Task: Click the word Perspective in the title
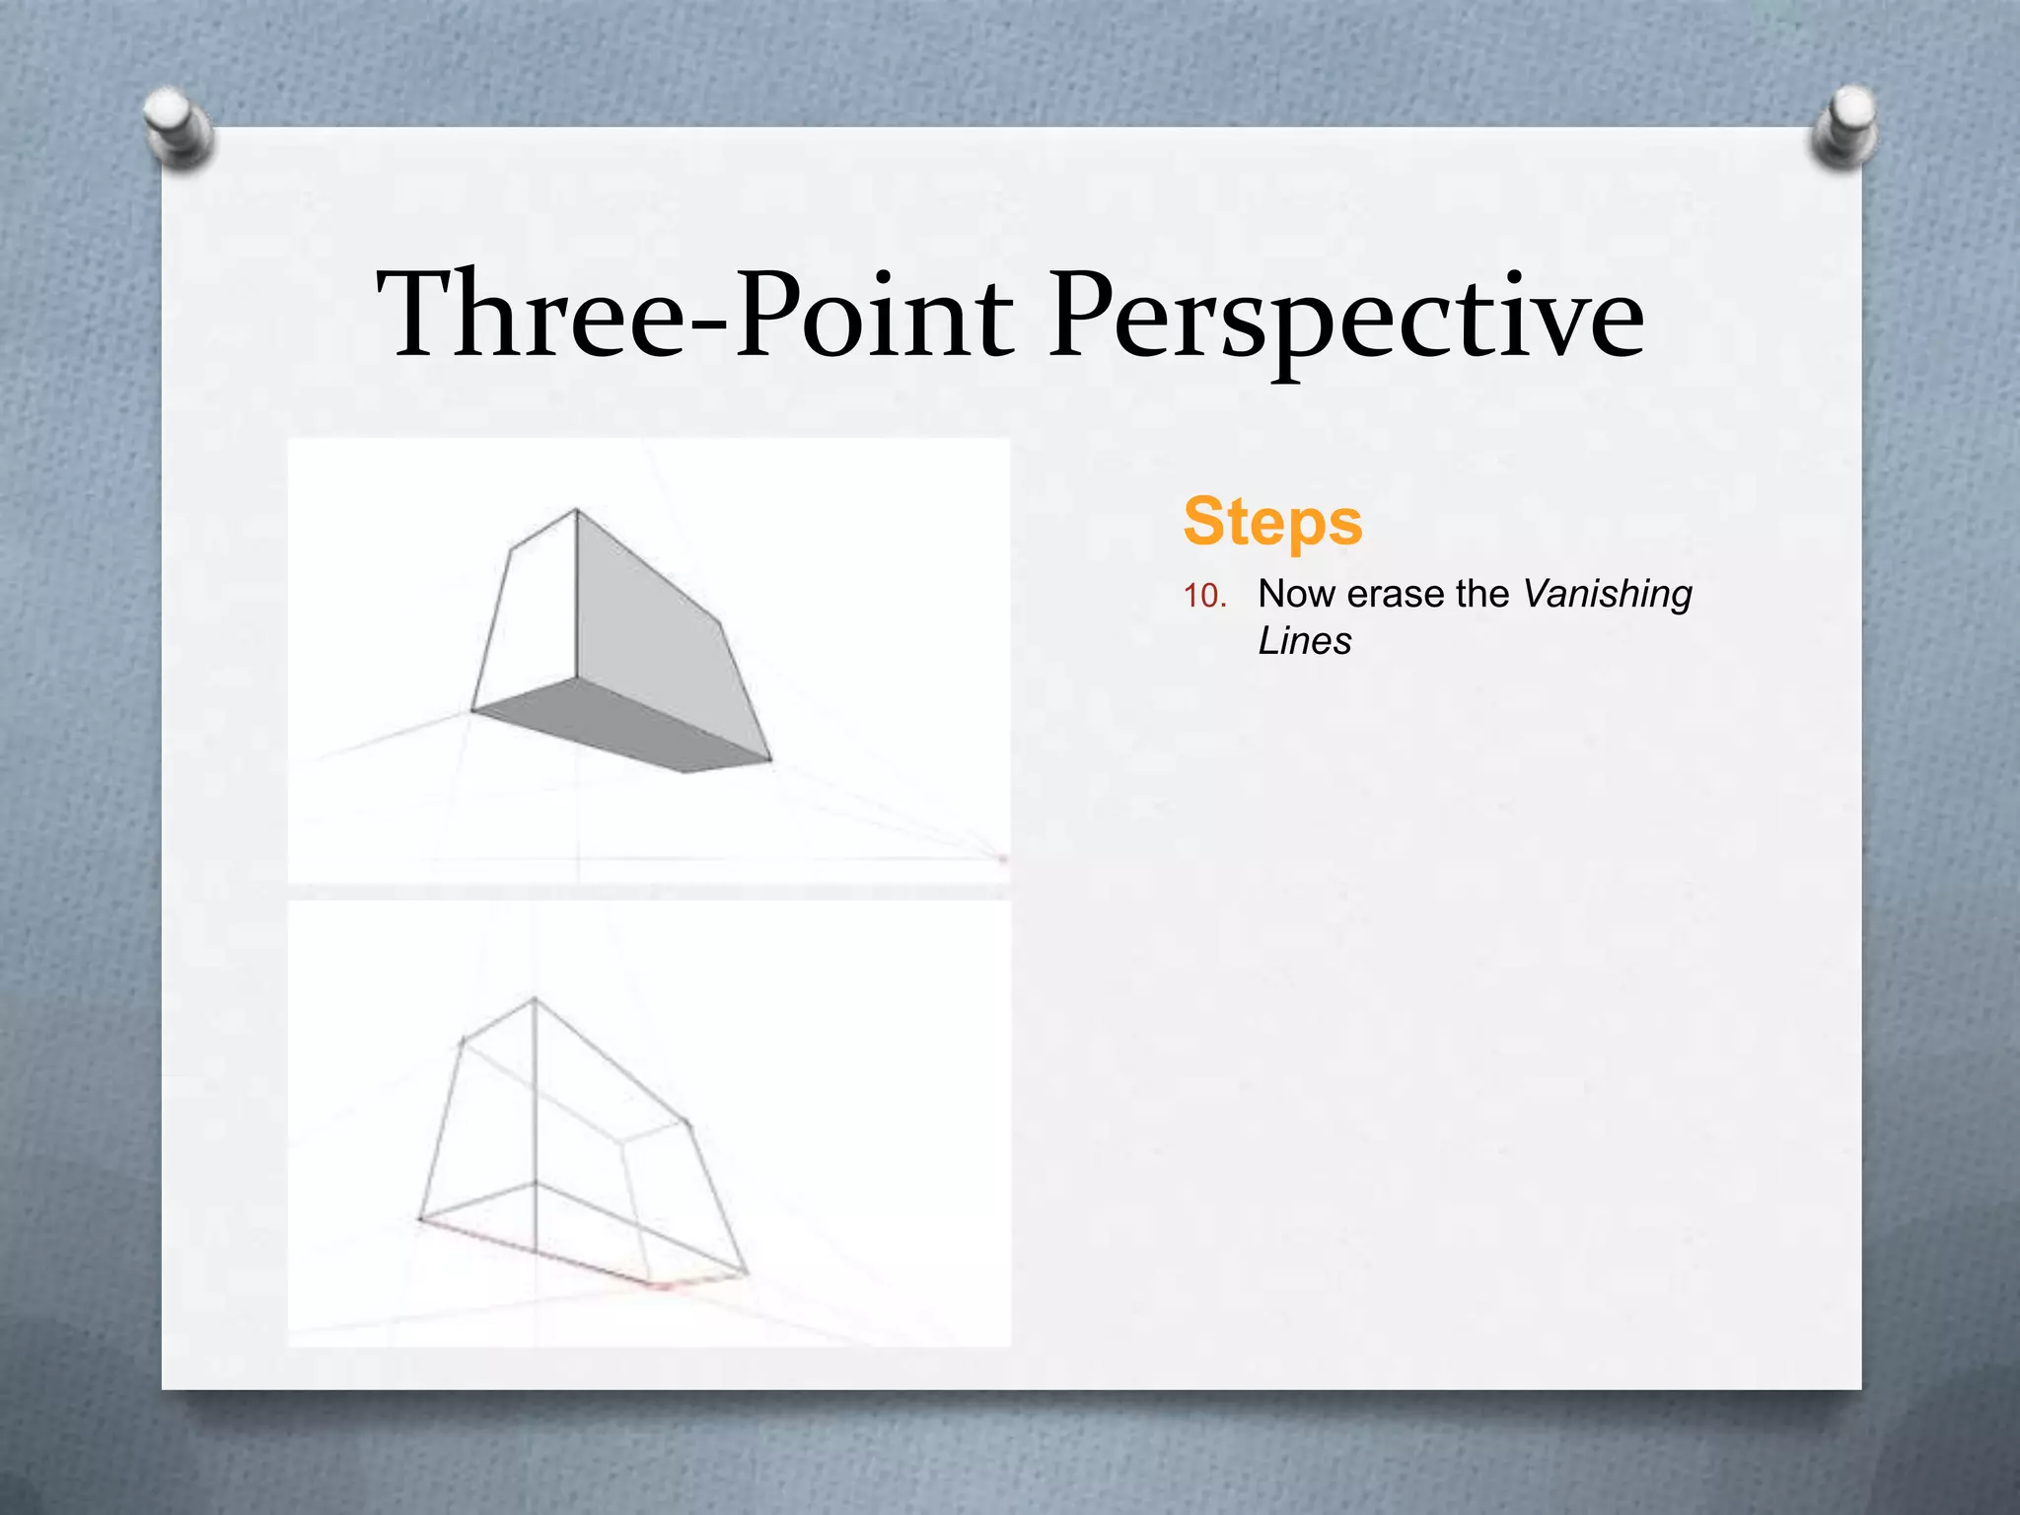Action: pos(1345,316)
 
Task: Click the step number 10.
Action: pos(1204,596)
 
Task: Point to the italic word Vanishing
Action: pos(1608,594)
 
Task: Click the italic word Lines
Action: pos(1304,641)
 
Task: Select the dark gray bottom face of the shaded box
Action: pos(621,725)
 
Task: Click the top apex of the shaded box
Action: pos(576,510)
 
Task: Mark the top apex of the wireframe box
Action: pos(535,999)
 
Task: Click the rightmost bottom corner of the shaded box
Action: pos(770,759)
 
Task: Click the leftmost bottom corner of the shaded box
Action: pos(472,709)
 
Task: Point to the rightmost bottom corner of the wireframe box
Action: pos(746,1273)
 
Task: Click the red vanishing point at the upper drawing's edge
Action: pos(1003,860)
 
